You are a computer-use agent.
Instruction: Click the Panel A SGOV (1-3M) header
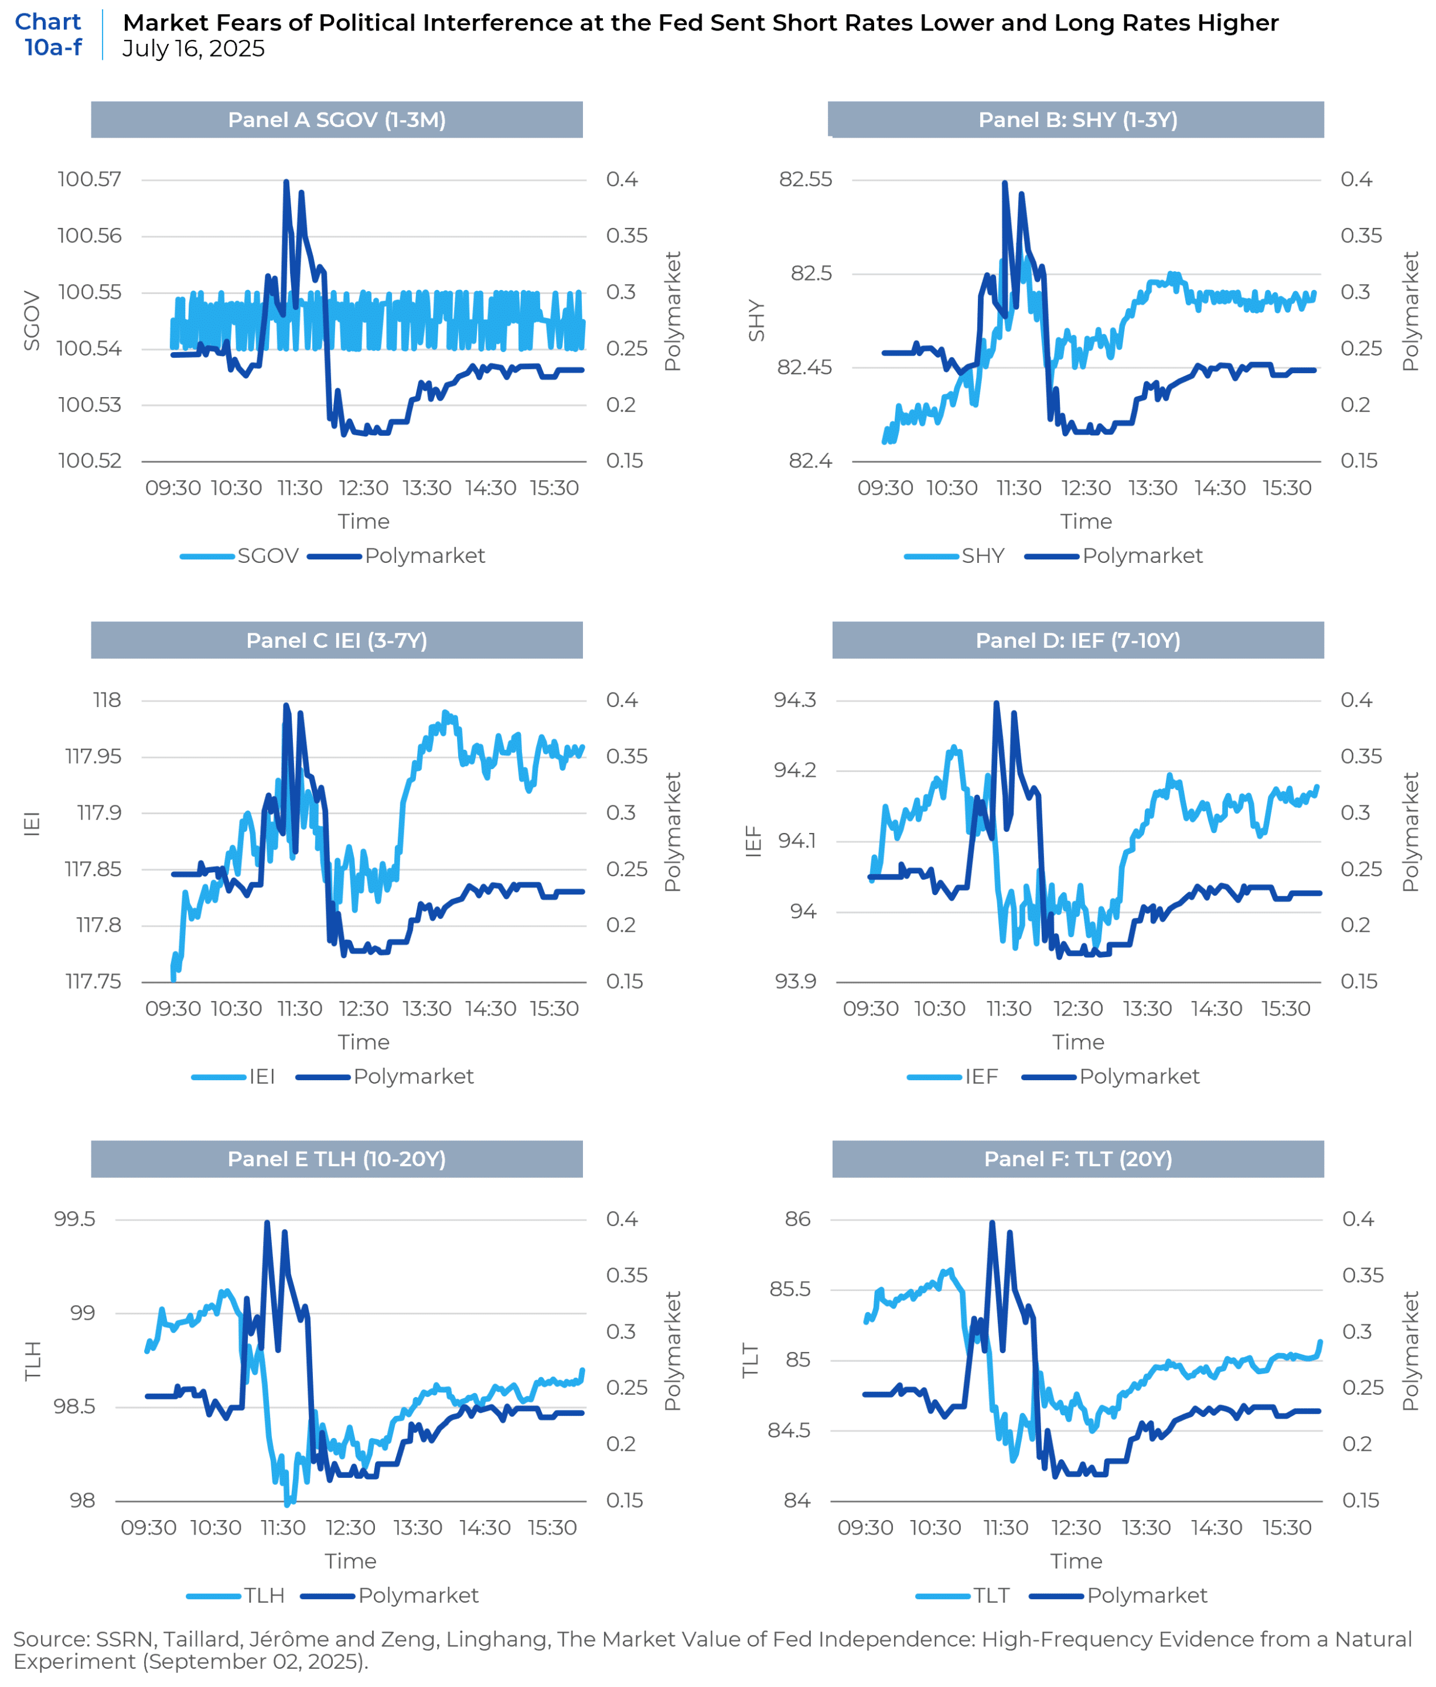click(336, 119)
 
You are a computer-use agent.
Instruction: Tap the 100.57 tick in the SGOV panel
click(90, 179)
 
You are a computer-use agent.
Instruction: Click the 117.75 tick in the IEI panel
click(94, 981)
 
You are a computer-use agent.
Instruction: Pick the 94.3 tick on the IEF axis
click(794, 700)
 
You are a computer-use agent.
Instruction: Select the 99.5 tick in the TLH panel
click(75, 1219)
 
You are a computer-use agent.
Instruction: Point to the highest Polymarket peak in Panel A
click(286, 182)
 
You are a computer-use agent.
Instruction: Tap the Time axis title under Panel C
click(364, 1043)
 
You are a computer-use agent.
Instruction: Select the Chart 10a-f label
click(49, 34)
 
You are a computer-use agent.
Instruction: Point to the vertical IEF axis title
click(754, 841)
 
